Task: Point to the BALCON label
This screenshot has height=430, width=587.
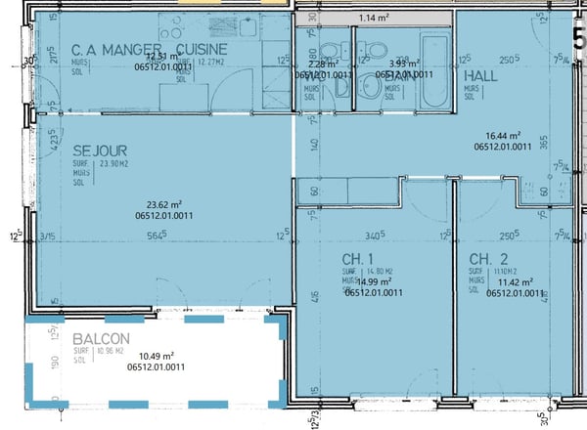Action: pos(96,337)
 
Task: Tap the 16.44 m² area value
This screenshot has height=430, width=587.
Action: pos(502,136)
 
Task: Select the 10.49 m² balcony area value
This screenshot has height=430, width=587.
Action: pos(157,356)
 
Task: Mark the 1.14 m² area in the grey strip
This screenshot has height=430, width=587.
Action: pos(374,18)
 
